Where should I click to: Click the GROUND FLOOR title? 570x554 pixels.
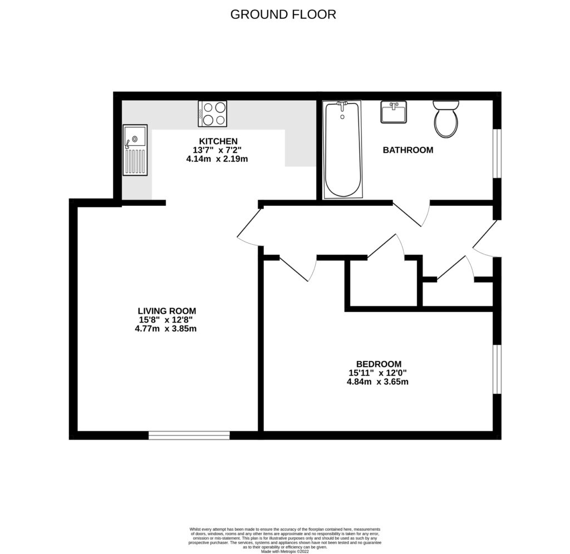[283, 14]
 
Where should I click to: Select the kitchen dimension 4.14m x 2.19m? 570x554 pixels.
[217, 159]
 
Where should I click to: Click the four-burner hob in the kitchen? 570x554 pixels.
[213, 113]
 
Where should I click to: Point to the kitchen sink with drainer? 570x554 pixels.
[135, 150]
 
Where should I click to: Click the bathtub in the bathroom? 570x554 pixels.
[342, 149]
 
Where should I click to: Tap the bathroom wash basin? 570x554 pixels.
[394, 112]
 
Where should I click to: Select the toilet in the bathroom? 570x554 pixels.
[445, 119]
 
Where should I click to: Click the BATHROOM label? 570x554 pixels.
[407, 150]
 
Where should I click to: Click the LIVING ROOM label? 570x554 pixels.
[167, 311]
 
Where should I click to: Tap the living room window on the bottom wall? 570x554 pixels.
[189, 435]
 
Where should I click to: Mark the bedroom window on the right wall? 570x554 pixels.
[497, 369]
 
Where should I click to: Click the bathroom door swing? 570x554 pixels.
[413, 215]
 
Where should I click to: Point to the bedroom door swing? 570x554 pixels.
[299, 269]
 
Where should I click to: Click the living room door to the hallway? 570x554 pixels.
[248, 229]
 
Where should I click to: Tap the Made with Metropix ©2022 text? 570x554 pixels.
[284, 551]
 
